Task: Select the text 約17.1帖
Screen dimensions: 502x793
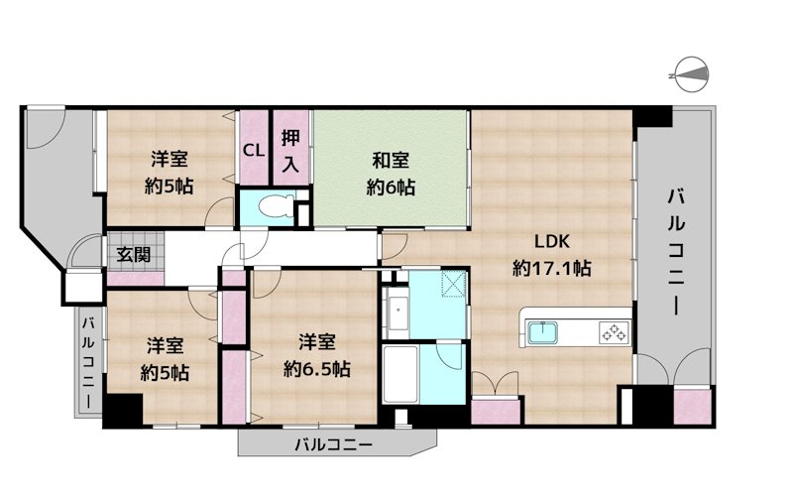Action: (x=552, y=267)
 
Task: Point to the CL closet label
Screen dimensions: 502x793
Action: (x=254, y=151)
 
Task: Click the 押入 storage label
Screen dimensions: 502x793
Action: (x=289, y=150)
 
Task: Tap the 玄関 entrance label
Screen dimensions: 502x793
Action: (x=134, y=254)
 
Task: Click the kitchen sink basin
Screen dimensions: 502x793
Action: (x=543, y=332)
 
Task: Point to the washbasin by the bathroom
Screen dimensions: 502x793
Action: (x=395, y=312)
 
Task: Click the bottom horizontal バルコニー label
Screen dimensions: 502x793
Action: (x=333, y=444)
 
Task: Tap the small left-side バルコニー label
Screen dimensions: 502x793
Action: (x=87, y=359)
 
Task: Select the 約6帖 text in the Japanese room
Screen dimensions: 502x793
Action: (x=391, y=186)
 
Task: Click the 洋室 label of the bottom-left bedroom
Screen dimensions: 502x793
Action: (x=166, y=346)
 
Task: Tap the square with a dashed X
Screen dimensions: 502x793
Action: (x=456, y=285)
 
